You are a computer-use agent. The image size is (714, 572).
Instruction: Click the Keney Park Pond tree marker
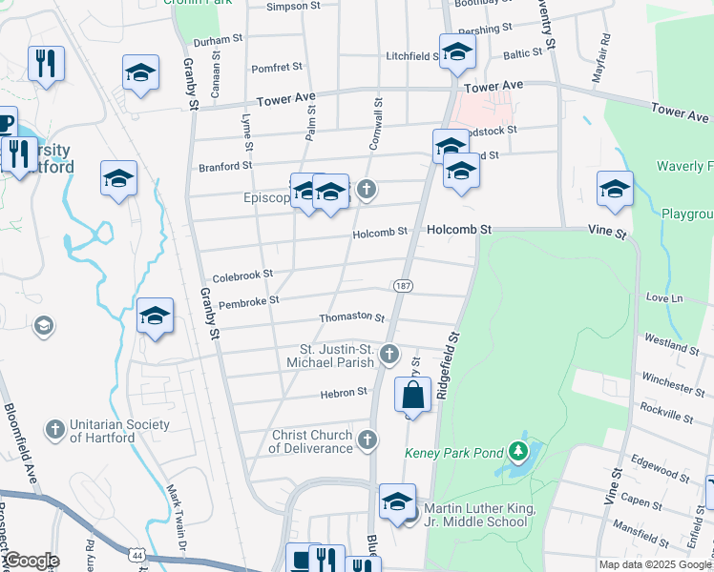coord(517,448)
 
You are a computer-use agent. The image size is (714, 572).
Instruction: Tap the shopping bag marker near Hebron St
coord(412,396)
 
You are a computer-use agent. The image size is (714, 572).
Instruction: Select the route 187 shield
coord(402,286)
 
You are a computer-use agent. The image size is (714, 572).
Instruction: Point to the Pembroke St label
coord(248,301)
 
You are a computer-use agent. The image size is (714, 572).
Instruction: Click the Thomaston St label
coord(352,318)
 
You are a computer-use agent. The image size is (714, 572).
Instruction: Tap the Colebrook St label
coord(242,276)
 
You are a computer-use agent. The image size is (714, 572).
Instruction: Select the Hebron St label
coord(349,392)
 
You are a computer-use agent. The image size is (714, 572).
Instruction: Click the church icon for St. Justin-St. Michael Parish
coord(388,356)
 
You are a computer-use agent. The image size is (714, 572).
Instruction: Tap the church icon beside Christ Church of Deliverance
coord(368,439)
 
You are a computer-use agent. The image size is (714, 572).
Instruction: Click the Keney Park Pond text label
coord(452,453)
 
